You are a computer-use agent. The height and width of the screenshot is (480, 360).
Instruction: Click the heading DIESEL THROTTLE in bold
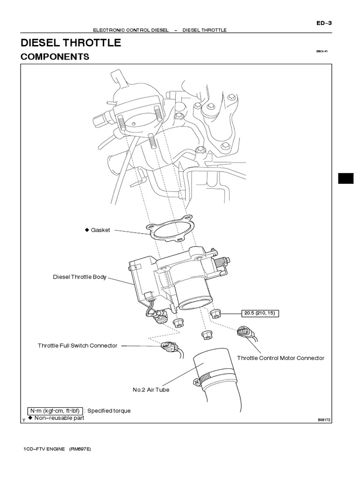[x=71, y=43]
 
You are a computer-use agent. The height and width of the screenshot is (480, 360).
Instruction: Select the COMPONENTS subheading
[x=55, y=57]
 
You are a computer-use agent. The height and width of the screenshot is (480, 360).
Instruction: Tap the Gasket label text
[x=100, y=230]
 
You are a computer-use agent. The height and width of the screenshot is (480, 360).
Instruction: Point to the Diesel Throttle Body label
[x=79, y=277]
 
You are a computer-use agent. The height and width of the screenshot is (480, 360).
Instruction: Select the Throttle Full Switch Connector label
[x=77, y=345]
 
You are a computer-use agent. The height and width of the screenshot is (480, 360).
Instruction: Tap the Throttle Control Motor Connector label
[x=280, y=358]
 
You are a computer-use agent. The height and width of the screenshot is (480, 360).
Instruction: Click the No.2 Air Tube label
[x=150, y=390]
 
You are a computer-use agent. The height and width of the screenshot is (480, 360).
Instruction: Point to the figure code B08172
[x=324, y=420]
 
